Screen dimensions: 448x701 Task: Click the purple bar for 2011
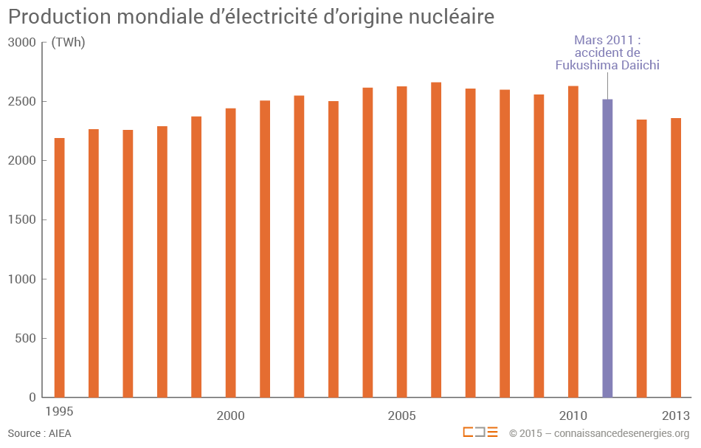coord(607,248)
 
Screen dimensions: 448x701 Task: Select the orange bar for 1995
coord(60,267)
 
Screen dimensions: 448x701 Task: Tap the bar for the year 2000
coord(231,252)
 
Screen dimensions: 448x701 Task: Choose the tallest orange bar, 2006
coord(436,239)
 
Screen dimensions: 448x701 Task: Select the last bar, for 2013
coord(676,258)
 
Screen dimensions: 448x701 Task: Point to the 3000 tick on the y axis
coord(22,43)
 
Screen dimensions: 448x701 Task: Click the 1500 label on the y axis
coord(22,220)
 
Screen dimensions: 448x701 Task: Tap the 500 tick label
coord(26,339)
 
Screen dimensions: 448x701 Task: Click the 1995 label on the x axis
coord(59,411)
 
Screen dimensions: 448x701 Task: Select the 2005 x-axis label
coord(402,416)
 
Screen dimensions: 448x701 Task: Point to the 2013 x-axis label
coord(676,415)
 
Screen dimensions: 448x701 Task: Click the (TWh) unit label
coord(68,43)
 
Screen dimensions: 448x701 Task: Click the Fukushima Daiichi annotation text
coord(607,65)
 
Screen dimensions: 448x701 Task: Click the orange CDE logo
coord(480,433)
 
